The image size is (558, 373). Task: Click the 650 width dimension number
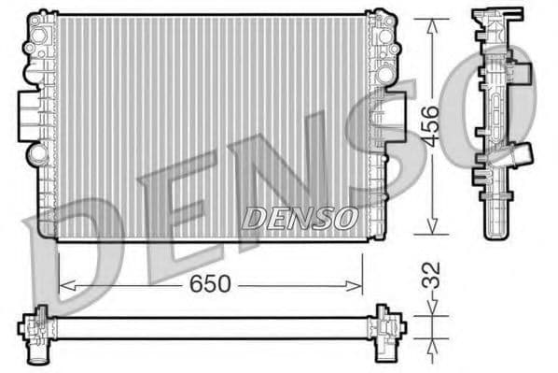(210, 283)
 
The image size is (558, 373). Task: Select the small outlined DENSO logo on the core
(300, 218)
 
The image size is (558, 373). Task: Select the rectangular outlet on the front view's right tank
(396, 116)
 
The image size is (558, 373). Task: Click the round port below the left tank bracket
(36, 153)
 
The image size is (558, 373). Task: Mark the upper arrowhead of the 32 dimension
(430, 309)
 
